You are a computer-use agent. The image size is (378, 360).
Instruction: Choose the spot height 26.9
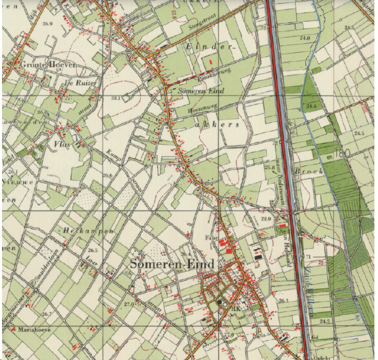[48, 24]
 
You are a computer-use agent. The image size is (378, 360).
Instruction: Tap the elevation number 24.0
[305, 38]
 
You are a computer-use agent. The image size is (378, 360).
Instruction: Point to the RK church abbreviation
[237, 309]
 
